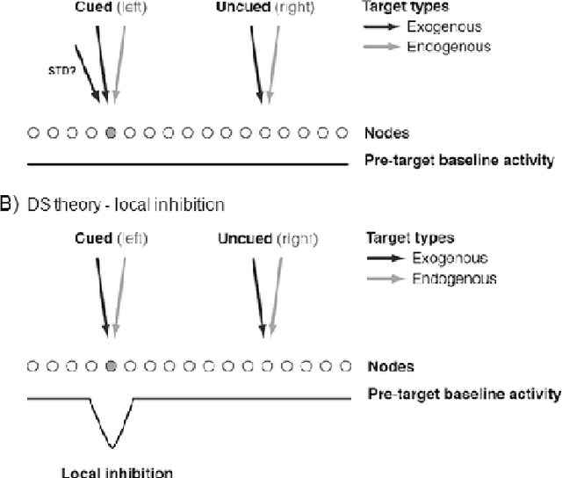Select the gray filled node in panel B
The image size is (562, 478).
(111, 366)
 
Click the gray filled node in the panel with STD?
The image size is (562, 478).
(111, 134)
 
